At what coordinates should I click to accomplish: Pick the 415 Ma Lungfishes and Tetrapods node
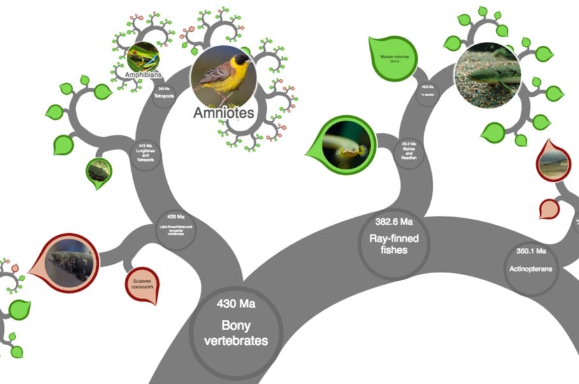coord(146,154)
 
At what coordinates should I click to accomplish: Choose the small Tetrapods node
coord(164,93)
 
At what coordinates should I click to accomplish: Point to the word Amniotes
coord(224,113)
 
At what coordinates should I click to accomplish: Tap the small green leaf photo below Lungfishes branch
coord(99,171)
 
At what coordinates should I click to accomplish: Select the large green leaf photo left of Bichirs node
coord(345,145)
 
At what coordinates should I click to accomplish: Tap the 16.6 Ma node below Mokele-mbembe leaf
coord(422,89)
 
